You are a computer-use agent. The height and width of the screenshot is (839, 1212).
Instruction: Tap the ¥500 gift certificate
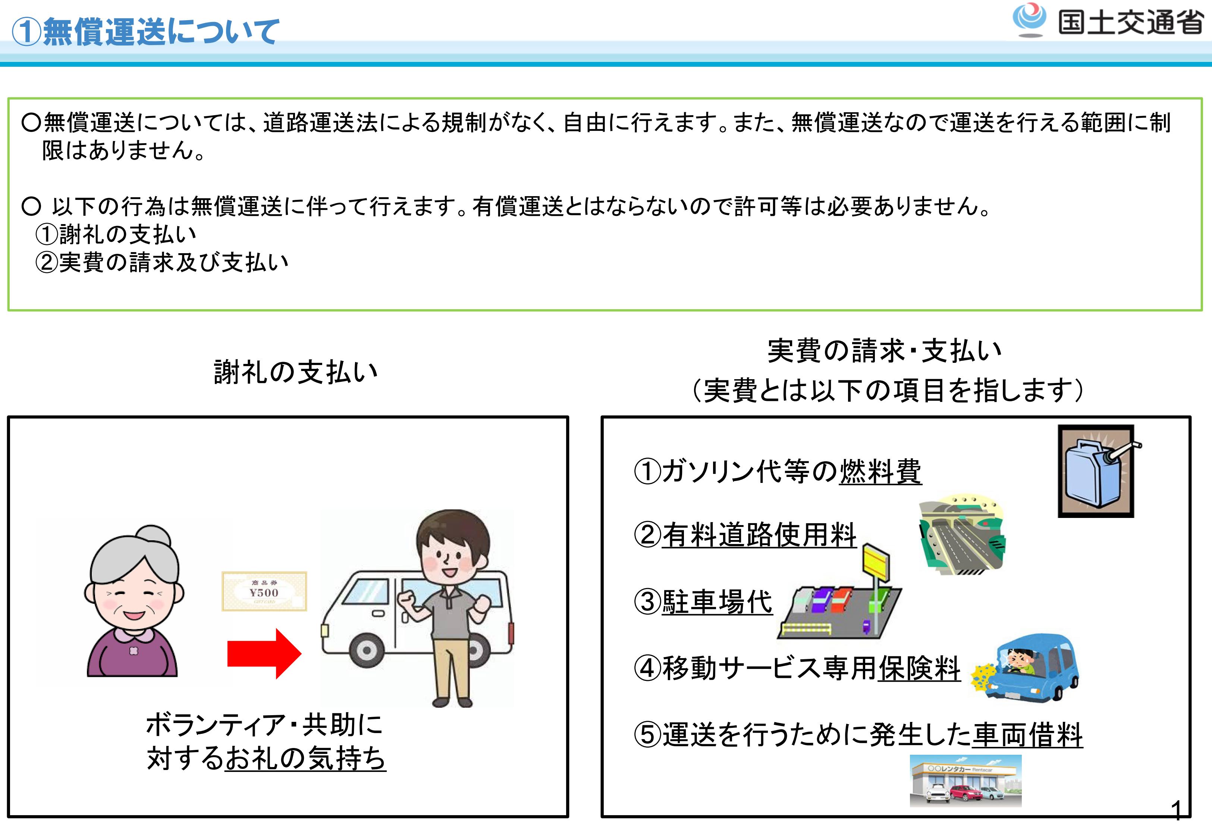pyautogui.click(x=264, y=591)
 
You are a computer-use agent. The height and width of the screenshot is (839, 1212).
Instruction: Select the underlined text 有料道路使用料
pyautogui.click(x=759, y=535)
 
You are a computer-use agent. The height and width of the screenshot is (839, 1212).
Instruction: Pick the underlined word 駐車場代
pyautogui.click(x=717, y=602)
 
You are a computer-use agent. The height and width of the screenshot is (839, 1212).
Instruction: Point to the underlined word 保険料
pyautogui.click(x=919, y=669)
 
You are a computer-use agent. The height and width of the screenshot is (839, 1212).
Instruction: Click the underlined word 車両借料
pyautogui.click(x=1027, y=735)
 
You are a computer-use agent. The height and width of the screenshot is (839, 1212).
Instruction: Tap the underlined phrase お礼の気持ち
pyautogui.click(x=305, y=758)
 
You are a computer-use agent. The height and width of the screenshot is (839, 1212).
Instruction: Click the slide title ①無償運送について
pyautogui.click(x=145, y=32)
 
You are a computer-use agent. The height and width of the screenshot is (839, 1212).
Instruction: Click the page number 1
pyautogui.click(x=1176, y=811)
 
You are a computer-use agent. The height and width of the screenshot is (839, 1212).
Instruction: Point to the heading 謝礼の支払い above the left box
pyautogui.click(x=295, y=372)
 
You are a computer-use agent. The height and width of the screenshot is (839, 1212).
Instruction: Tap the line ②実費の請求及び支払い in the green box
pyautogui.click(x=162, y=262)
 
